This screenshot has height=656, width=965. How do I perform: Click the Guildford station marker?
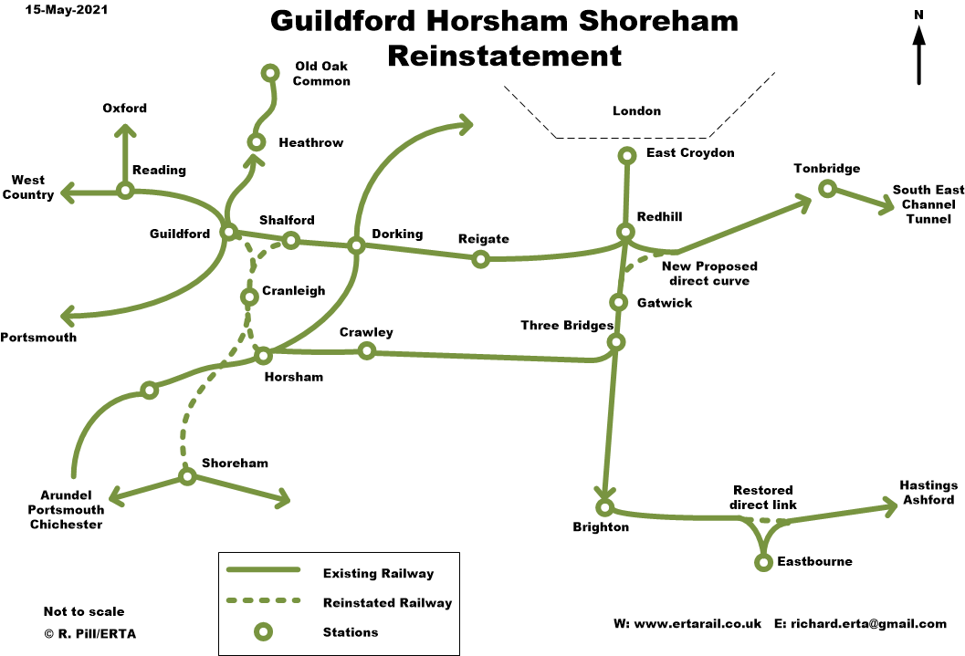pos(228,232)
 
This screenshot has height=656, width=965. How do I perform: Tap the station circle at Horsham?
pos(263,355)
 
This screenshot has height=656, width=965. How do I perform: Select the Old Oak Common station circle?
pos(269,73)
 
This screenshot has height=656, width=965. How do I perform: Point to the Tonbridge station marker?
pos(826,189)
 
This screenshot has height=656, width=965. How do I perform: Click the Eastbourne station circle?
pos(763,562)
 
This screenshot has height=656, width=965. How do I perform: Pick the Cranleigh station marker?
pos(248,297)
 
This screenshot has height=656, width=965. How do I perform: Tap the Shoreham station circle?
pos(186,476)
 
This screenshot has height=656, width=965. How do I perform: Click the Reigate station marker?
pos(480,259)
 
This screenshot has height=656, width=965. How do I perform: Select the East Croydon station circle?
pos(626,156)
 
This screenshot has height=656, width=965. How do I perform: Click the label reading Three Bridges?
pos(565,325)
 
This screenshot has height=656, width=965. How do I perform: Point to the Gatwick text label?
pos(664,303)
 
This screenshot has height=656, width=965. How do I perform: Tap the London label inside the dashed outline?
pos(636,111)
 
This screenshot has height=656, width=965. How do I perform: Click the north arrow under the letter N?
pos(918,55)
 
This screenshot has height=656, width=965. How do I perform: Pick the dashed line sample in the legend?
pos(263,601)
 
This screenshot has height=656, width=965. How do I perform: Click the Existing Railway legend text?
pos(378,574)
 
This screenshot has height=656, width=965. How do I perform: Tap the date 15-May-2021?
pos(60,11)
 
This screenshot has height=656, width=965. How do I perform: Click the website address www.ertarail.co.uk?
pos(687,624)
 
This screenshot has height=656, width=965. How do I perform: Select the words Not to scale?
pos(84,611)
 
